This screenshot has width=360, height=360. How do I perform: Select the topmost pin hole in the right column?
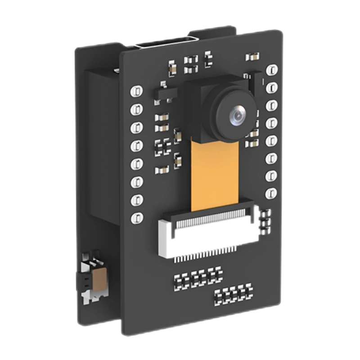point(272,70)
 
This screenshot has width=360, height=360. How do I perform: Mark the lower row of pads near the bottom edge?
point(233,294)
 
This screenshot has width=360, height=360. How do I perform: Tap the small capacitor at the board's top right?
point(252,57)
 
